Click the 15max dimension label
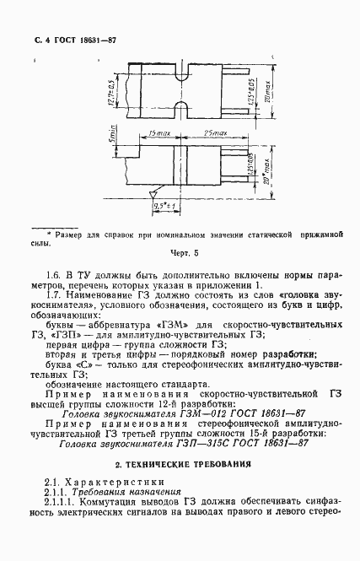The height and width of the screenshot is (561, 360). click(153, 134)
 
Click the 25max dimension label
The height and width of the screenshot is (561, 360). click(211, 134)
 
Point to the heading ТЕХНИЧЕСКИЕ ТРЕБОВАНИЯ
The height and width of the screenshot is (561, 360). click(179, 464)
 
